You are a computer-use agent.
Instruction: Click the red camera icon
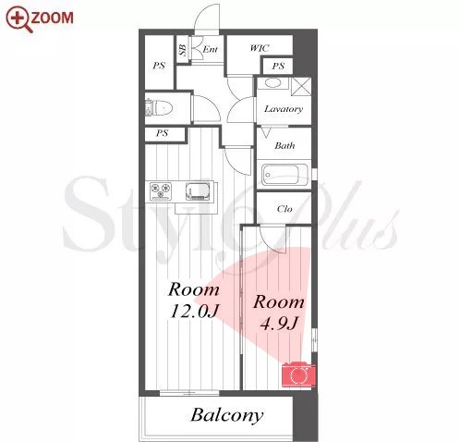[x=298, y=374]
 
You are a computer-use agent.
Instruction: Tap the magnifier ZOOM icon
[x=19, y=18]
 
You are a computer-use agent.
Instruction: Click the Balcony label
[x=227, y=415]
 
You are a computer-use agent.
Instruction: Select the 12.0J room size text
[x=194, y=312]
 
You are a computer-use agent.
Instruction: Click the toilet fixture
[x=159, y=108]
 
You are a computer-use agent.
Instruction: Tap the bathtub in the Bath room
[x=284, y=175]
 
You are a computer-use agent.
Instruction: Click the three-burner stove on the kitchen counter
[x=161, y=191]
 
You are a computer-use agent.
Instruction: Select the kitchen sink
[x=198, y=191]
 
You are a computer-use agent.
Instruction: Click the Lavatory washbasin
[x=272, y=83]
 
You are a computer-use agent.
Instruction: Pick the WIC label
[x=260, y=48]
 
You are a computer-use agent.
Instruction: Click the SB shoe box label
[x=183, y=49]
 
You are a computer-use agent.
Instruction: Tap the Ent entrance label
[x=210, y=49]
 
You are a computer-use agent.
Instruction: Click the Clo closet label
[x=284, y=209]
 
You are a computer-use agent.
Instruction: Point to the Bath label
[x=284, y=145]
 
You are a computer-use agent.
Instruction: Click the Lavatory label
[x=284, y=109]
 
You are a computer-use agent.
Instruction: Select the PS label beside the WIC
[x=278, y=66]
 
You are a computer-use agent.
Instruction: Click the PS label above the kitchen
[x=162, y=133]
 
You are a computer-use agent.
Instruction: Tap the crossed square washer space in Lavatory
[x=301, y=86]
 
